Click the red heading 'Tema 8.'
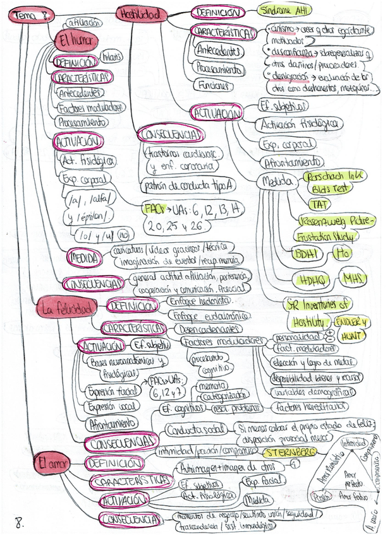[x=32, y=14]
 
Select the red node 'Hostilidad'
[x=141, y=13]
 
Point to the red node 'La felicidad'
[x=65, y=309]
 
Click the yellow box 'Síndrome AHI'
[x=285, y=10]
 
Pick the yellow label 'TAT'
[x=316, y=203]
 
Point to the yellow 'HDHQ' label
[x=312, y=279]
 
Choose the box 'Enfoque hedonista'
[x=196, y=302]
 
